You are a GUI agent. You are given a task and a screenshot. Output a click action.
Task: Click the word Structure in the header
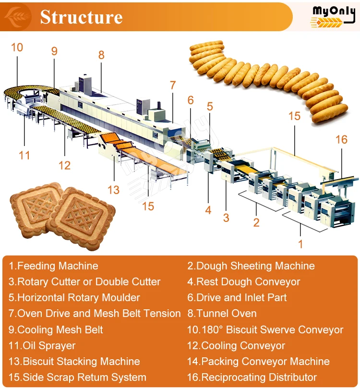point(81,17)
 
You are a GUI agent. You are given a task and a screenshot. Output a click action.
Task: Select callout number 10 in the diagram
point(17,47)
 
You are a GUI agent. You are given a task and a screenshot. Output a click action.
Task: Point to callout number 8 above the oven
point(101,55)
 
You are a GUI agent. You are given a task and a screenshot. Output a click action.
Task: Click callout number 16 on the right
point(341,139)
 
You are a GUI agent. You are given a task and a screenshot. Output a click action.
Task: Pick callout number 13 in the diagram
point(113,190)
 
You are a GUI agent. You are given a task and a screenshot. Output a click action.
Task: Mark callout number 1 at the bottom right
point(300,244)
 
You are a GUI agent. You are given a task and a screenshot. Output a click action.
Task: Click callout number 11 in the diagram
point(24,155)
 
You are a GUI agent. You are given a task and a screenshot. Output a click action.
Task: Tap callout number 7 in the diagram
point(173,86)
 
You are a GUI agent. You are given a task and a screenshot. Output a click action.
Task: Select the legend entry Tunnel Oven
point(222,314)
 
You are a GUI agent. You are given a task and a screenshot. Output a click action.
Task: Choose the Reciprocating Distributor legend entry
point(252,377)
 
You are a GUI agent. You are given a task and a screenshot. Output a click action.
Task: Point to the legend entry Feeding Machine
point(53,266)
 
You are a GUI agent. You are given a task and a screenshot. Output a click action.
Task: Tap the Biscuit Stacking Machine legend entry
point(74,361)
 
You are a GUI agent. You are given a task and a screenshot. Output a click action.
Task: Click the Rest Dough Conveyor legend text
point(243,281)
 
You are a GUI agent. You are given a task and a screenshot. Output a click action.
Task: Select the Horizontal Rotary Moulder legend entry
point(74,297)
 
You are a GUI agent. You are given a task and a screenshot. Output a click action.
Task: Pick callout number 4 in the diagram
point(208,210)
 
